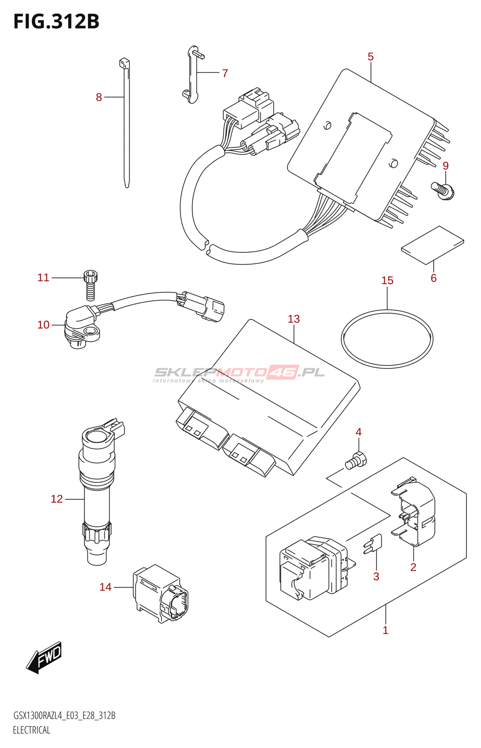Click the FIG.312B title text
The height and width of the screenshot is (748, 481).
coord(56,22)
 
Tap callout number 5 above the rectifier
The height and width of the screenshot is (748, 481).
coord(371,57)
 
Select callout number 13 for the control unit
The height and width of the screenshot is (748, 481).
coord(294,319)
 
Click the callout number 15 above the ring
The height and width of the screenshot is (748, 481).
coord(387,280)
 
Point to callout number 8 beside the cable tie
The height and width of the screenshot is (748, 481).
coord(99,97)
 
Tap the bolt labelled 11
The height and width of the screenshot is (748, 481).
coord(90,284)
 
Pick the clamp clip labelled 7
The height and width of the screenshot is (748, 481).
coord(193,75)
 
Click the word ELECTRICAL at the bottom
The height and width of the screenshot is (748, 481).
coord(31,730)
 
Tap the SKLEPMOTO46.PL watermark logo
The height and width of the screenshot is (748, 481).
coord(240,373)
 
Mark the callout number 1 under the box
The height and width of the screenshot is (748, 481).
coord(386,630)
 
